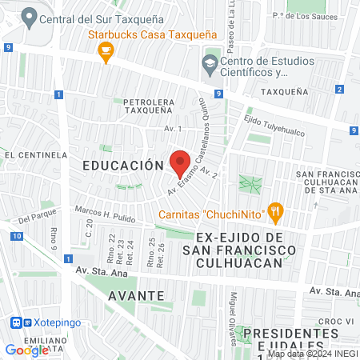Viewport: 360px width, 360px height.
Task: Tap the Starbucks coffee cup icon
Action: [x=104, y=51]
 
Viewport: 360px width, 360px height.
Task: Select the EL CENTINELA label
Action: [x=34, y=154]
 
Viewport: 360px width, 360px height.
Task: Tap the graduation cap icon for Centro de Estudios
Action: [x=210, y=62]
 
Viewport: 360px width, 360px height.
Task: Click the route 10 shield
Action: [x=17, y=236]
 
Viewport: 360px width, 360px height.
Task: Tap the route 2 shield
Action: [x=340, y=89]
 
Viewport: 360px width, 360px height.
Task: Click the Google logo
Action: [x=26, y=350]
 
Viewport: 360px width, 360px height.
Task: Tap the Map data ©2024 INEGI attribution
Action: [x=312, y=354]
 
